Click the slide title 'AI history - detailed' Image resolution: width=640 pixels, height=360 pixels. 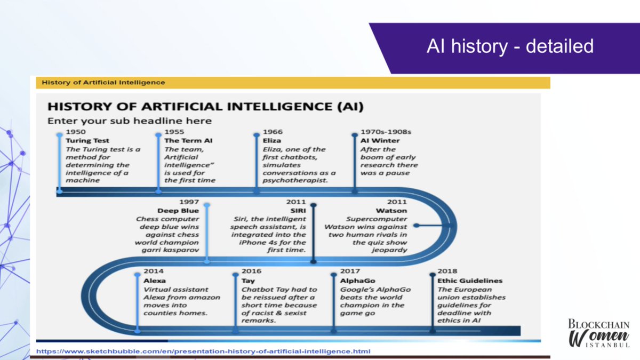pyautogui.click(x=509, y=46)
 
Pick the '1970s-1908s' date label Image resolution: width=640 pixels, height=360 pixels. pyautogui.click(x=382, y=132)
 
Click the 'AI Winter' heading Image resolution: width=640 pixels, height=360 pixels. pyautogui.click(x=380, y=141)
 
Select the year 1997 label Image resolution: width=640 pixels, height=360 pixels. pyautogui.click(x=190, y=202)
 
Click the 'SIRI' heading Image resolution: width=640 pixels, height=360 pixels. pyautogui.click(x=297, y=211)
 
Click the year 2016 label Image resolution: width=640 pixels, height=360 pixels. pyautogui.click(x=251, y=271)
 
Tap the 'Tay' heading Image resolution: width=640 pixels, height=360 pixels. pyautogui.click(x=248, y=281)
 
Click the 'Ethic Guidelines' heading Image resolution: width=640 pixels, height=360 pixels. pyautogui.click(x=470, y=281)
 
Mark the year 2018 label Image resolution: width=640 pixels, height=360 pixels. pyautogui.click(x=447, y=271)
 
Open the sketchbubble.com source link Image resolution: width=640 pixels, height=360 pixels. pyautogui.click(x=203, y=351)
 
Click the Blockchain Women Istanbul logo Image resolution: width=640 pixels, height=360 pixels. pyautogui.click(x=598, y=334)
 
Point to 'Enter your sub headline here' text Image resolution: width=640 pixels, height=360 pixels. pyautogui.click(x=130, y=121)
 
